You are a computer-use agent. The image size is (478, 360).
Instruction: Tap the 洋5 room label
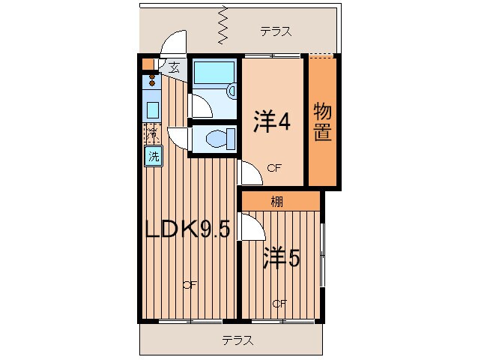[x=281, y=259]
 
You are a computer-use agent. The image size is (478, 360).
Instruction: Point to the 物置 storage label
[x=324, y=124]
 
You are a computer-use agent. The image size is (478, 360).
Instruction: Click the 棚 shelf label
[x=277, y=201]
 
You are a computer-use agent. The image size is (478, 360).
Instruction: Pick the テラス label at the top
[x=275, y=31]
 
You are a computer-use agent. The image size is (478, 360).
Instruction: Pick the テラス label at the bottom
[x=237, y=340]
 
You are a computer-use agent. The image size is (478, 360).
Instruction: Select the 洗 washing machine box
[x=153, y=157]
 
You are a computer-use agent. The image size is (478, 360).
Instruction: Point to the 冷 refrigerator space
[x=152, y=135]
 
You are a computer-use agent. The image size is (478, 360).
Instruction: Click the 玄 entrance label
[x=174, y=67]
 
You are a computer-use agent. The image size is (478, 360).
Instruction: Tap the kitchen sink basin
[x=152, y=109]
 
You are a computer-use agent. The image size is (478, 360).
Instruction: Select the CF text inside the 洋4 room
[x=274, y=169]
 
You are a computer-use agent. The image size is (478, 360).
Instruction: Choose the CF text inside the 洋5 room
[x=279, y=304]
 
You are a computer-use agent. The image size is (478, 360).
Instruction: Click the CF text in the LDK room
[x=189, y=284]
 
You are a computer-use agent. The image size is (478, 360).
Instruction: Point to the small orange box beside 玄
[x=148, y=64]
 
